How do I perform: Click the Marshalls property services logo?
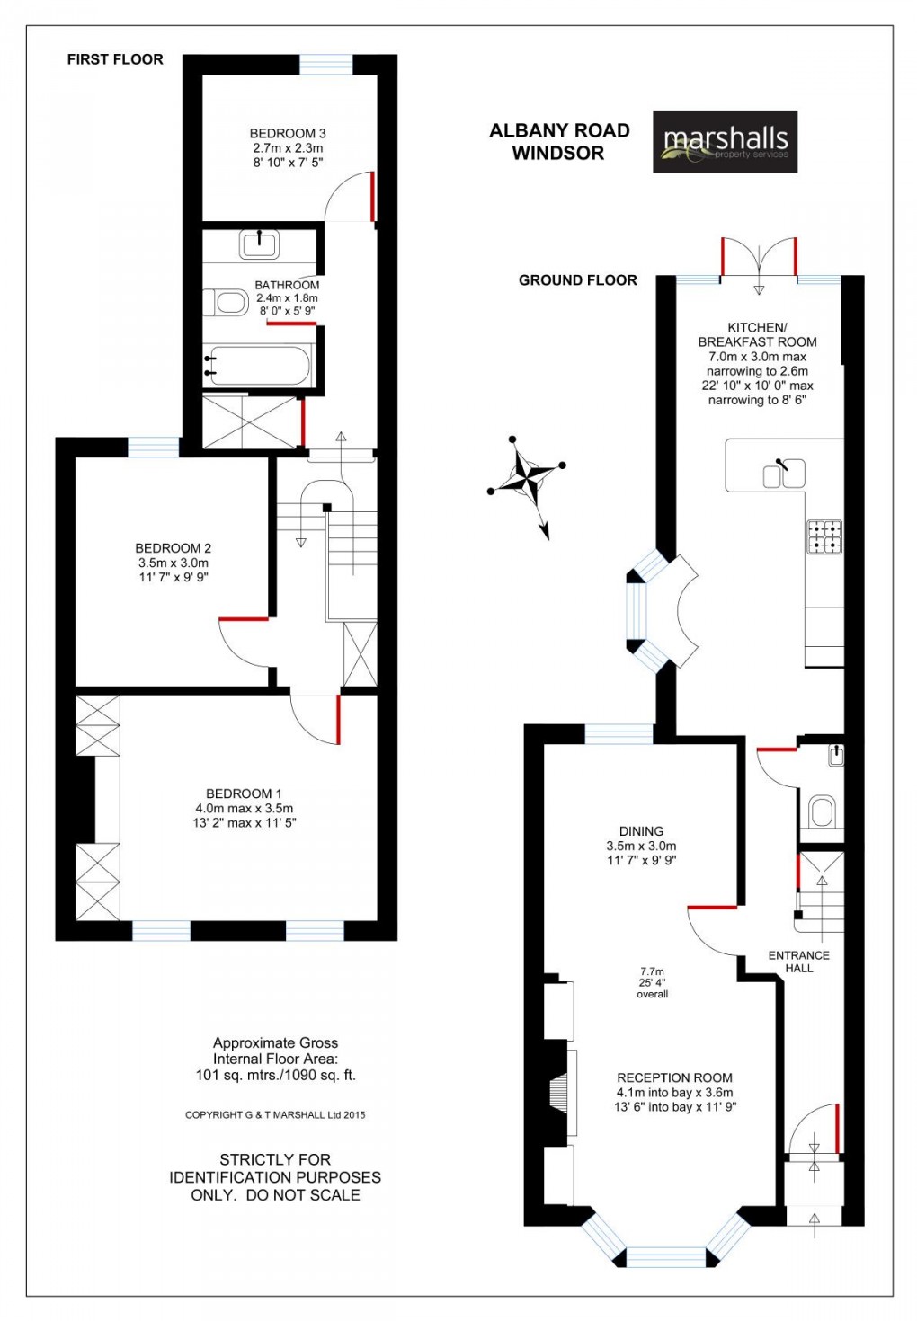click(725, 142)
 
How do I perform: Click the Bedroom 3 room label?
click(288, 134)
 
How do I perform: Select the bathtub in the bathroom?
click(259, 366)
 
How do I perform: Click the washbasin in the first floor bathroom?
click(260, 243)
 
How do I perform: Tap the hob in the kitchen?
click(824, 536)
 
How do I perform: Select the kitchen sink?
click(784, 473)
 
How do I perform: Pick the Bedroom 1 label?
click(244, 793)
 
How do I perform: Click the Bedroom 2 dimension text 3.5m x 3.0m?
click(174, 563)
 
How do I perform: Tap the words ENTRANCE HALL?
click(798, 962)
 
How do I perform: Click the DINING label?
click(641, 831)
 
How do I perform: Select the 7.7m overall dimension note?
click(653, 982)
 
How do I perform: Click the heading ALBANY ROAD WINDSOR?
click(559, 142)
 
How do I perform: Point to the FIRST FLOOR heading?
click(115, 59)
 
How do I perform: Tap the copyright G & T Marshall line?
click(275, 1115)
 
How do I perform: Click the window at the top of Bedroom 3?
click(325, 64)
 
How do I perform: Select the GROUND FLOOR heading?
click(578, 280)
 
